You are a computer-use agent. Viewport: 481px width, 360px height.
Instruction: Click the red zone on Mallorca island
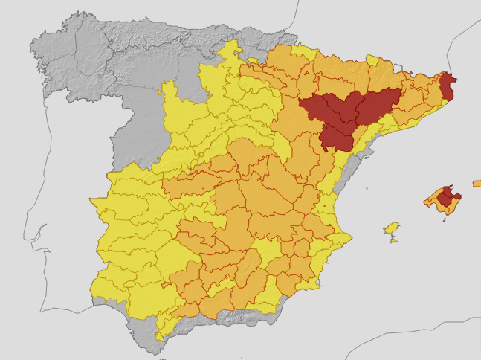(x=448, y=196)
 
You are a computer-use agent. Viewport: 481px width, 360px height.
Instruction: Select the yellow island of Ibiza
(x=392, y=228)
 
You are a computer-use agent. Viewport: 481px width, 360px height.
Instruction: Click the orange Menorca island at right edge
(x=477, y=183)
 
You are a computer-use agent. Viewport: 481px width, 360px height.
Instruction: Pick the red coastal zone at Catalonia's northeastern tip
(x=448, y=86)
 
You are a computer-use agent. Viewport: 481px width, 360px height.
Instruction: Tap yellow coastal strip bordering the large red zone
(x=364, y=141)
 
